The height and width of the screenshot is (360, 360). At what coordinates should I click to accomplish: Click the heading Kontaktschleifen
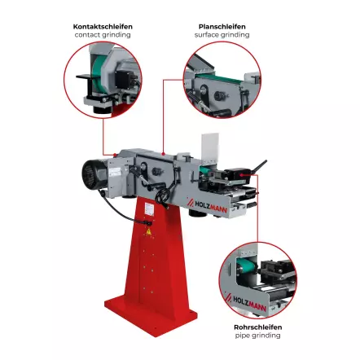pyautogui.click(x=103, y=27)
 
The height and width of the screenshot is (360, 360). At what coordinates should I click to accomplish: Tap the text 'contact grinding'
pyautogui.click(x=103, y=35)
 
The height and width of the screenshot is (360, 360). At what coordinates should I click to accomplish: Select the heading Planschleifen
pyautogui.click(x=222, y=27)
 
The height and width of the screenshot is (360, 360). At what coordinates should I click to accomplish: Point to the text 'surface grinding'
pyautogui.click(x=222, y=35)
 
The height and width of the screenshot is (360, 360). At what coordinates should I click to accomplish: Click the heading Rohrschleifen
pyautogui.click(x=257, y=327)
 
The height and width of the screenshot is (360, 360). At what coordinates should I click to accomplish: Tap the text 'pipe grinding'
pyautogui.click(x=257, y=336)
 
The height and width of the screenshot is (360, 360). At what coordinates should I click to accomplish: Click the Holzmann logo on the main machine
pyautogui.click(x=208, y=206)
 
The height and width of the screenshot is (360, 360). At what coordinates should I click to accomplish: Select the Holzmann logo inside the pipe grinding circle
pyautogui.click(x=245, y=302)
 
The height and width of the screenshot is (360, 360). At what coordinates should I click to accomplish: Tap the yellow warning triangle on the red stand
pyautogui.click(x=148, y=232)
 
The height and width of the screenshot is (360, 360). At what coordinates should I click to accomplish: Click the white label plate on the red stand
pyautogui.click(x=149, y=209)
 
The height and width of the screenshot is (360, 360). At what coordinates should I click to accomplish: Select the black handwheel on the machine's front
pyautogui.click(x=162, y=196)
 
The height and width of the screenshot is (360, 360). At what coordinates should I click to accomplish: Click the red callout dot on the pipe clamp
pyautogui.click(x=241, y=175)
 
